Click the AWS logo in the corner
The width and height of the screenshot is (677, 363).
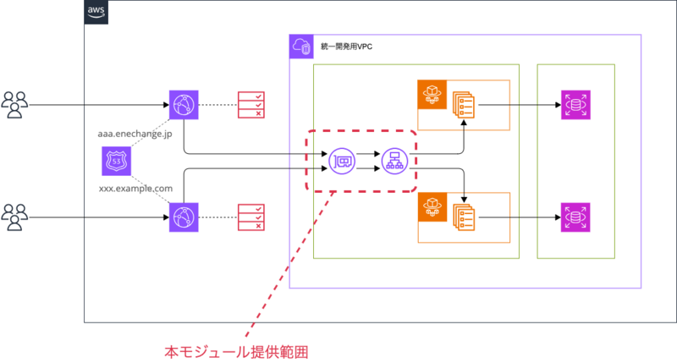96,12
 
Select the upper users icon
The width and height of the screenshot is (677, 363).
14,105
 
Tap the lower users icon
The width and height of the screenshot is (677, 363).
14,217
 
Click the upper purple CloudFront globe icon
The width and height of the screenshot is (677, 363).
181,105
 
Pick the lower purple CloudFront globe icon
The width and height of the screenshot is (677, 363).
181,217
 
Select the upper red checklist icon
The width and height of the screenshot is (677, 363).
250,105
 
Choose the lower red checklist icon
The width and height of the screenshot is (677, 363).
250,217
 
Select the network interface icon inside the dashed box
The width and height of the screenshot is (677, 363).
342,161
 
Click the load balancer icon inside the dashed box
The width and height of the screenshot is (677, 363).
394,161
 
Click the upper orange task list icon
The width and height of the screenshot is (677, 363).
463,105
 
